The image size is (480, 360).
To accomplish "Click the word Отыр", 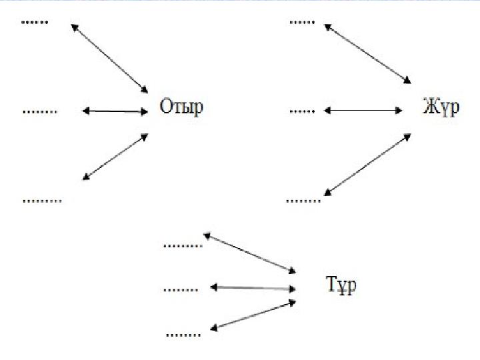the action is pos(181,107).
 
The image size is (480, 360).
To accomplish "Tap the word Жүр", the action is pos(441,107).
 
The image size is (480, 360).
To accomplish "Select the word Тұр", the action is pos(341,285).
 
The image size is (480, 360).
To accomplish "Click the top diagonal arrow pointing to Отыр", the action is pos(109,59).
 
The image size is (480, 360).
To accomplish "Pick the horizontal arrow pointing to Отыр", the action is pos(115,111).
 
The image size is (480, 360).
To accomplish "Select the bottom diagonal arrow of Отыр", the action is pos(115,157).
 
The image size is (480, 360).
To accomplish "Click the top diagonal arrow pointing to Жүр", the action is pos(367,54).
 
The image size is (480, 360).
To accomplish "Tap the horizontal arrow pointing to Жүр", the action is pos(363,110).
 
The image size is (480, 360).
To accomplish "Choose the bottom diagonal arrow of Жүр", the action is pos(367,165).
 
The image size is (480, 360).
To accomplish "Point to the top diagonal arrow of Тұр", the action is pos(249,253).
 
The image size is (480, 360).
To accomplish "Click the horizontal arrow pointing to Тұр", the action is pos(253,288).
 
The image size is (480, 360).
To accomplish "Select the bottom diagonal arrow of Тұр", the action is pos(253,315).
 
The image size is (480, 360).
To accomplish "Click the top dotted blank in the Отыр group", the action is pos(35,23).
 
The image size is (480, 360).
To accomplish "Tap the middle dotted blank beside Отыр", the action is pos(40,112).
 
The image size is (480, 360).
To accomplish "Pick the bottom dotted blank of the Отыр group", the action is pos(43,201).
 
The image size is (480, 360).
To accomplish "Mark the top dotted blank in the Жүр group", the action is pos(302,23).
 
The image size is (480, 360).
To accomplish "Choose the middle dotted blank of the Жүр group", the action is pos(302,112).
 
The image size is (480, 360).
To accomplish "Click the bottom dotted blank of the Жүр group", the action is pos(303,201).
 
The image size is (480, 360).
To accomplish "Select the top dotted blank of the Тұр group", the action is pos(183,245).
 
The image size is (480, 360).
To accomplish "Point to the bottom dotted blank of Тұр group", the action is pos(183,335).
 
